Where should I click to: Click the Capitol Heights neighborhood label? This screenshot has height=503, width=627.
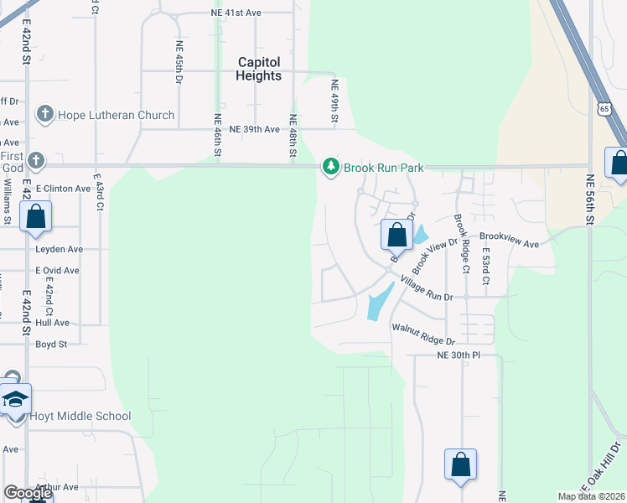(259, 69)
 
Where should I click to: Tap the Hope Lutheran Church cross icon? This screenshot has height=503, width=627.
(45, 114)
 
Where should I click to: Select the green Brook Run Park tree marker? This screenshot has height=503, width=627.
(331, 168)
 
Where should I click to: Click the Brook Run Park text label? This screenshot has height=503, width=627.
(384, 168)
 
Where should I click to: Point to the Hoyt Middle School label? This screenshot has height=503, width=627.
(80, 416)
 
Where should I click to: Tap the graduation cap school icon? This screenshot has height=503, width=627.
(15, 399)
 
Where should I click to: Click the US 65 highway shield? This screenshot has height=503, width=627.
(604, 109)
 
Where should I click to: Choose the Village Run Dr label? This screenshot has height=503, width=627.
(426, 290)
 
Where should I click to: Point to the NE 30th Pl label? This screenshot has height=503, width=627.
(459, 355)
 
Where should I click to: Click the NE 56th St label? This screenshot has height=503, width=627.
(590, 199)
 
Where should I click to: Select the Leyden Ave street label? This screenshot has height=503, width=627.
(59, 249)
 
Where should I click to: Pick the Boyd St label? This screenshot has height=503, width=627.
(51, 344)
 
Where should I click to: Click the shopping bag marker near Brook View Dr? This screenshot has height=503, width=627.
(396, 235)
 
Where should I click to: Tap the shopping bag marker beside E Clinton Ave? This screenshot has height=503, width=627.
(36, 216)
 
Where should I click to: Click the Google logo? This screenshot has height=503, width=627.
(27, 492)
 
